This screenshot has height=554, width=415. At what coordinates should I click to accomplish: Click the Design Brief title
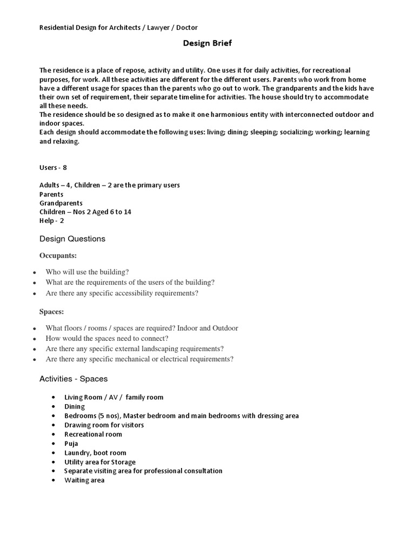pos(207,43)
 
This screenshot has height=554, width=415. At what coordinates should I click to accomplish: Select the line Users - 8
pos(53,168)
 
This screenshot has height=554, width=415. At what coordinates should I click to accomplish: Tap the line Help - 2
pos(52,221)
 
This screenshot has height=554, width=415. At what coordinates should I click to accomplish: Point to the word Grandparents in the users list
pos(61,203)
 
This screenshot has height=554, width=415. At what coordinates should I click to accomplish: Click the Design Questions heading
pos(72,239)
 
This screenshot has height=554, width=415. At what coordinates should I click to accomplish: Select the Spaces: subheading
pos(51,312)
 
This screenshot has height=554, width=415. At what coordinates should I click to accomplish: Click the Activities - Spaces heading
pos(73,379)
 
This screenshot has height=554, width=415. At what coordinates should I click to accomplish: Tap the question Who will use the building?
pos(88,272)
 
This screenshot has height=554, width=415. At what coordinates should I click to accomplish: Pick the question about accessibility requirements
pos(122,293)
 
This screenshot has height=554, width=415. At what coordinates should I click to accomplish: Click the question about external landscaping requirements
pos(135,348)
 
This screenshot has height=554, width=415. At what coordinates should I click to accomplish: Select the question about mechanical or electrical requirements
pos(139,359)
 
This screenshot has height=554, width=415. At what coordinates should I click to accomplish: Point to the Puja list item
pos(71,444)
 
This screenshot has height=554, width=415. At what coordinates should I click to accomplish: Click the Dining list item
pos(75,406)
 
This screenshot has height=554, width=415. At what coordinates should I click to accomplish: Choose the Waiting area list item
pos(84,480)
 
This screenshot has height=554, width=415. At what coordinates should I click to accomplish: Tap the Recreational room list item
pos(93,434)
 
